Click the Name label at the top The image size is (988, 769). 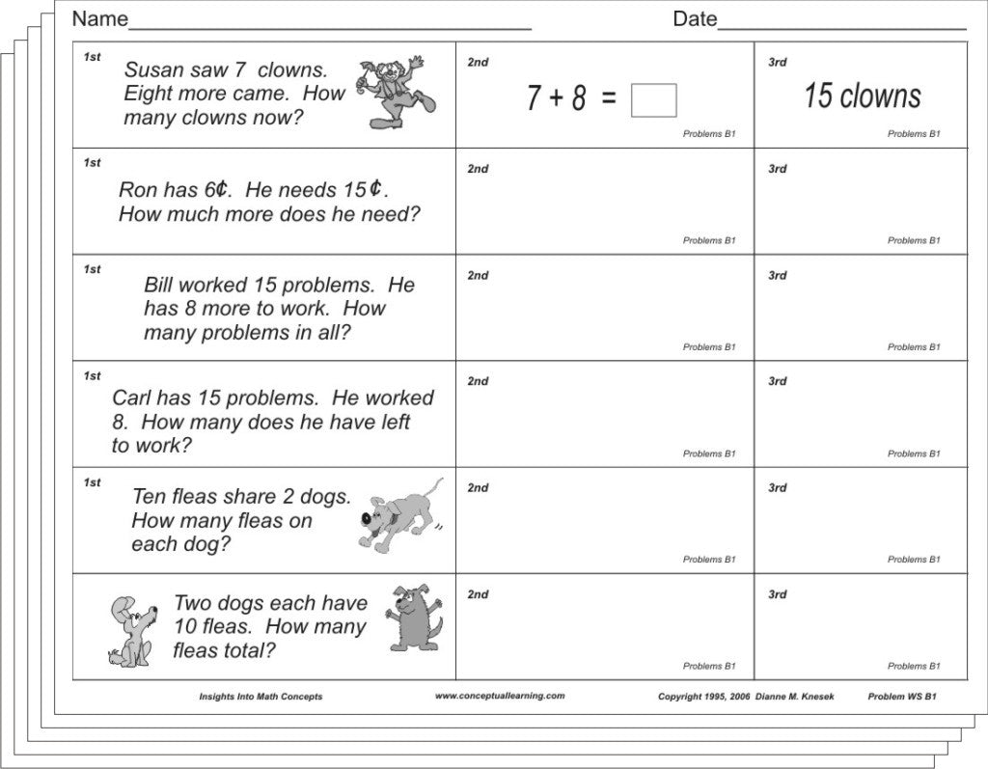[99, 19]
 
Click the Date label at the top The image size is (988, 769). [695, 19]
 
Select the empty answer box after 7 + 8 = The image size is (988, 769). [653, 100]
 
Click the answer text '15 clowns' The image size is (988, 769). [862, 96]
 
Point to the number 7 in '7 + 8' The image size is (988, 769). [534, 98]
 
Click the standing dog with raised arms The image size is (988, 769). [413, 618]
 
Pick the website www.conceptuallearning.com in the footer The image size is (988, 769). [499, 696]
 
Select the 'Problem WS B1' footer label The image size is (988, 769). [901, 696]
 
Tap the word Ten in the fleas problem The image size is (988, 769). [149, 497]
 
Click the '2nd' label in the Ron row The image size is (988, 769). [478, 169]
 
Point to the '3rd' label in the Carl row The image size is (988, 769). [777, 381]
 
